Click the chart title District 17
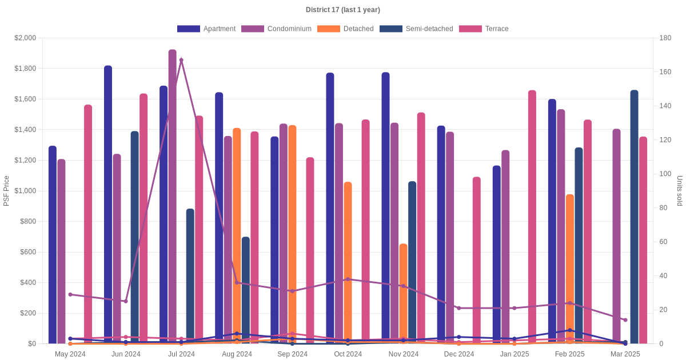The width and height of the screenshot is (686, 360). click(343, 10)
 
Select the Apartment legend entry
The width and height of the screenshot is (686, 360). click(206, 29)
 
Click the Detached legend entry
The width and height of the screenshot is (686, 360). click(345, 29)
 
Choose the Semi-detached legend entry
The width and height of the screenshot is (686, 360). click(416, 29)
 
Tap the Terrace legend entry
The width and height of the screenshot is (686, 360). click(484, 29)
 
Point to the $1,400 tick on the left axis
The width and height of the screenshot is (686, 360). click(25, 130)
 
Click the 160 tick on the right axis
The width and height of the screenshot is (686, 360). click(665, 73)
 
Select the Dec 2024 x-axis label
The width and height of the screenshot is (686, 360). click(459, 354)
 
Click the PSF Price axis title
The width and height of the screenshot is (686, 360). click(7, 191)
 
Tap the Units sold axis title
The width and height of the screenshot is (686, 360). click(680, 191)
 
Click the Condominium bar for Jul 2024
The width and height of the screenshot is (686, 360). click(173, 194)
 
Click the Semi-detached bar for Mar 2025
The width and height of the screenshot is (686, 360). click(635, 217)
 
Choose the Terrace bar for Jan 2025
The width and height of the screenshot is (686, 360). click(532, 217)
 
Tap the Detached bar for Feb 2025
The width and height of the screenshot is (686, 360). click(570, 269)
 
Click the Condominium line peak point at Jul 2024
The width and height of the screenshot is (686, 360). click(181, 60)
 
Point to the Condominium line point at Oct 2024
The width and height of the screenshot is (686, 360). click(348, 279)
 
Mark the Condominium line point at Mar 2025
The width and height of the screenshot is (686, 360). click(625, 320)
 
